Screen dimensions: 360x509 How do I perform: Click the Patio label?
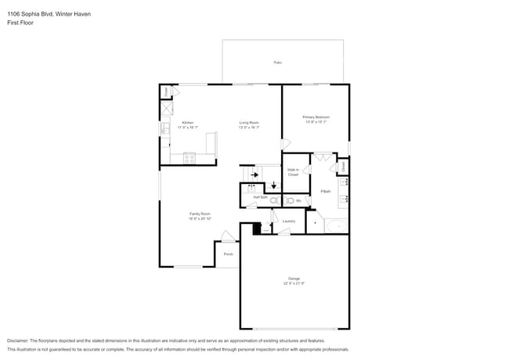pos(277,62)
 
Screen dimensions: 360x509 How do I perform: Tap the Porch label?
pos(228,254)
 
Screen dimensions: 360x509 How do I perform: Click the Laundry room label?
pos(288,221)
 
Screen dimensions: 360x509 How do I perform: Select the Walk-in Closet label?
pos(293,172)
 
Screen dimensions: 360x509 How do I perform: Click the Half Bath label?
pos(261,197)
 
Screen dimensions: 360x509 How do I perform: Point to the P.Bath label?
pos(325,192)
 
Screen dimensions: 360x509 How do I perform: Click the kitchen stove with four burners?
pos(189,158)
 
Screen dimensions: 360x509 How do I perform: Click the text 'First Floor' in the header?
pos(20,23)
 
